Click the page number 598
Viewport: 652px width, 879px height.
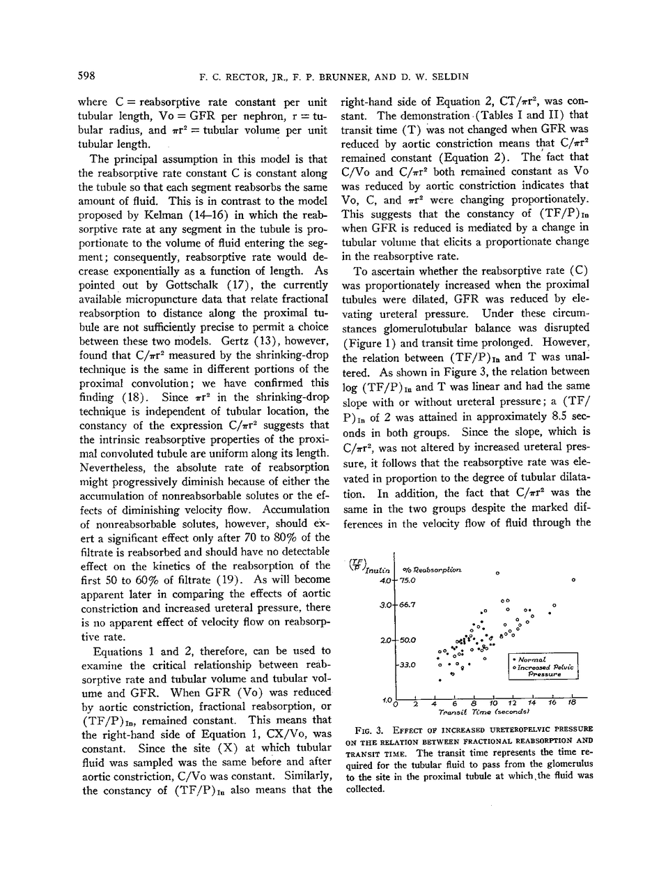86,75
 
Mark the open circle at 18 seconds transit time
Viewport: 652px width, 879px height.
573,580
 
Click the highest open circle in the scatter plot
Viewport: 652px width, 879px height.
497,573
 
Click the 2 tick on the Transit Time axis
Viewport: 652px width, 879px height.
414,704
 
